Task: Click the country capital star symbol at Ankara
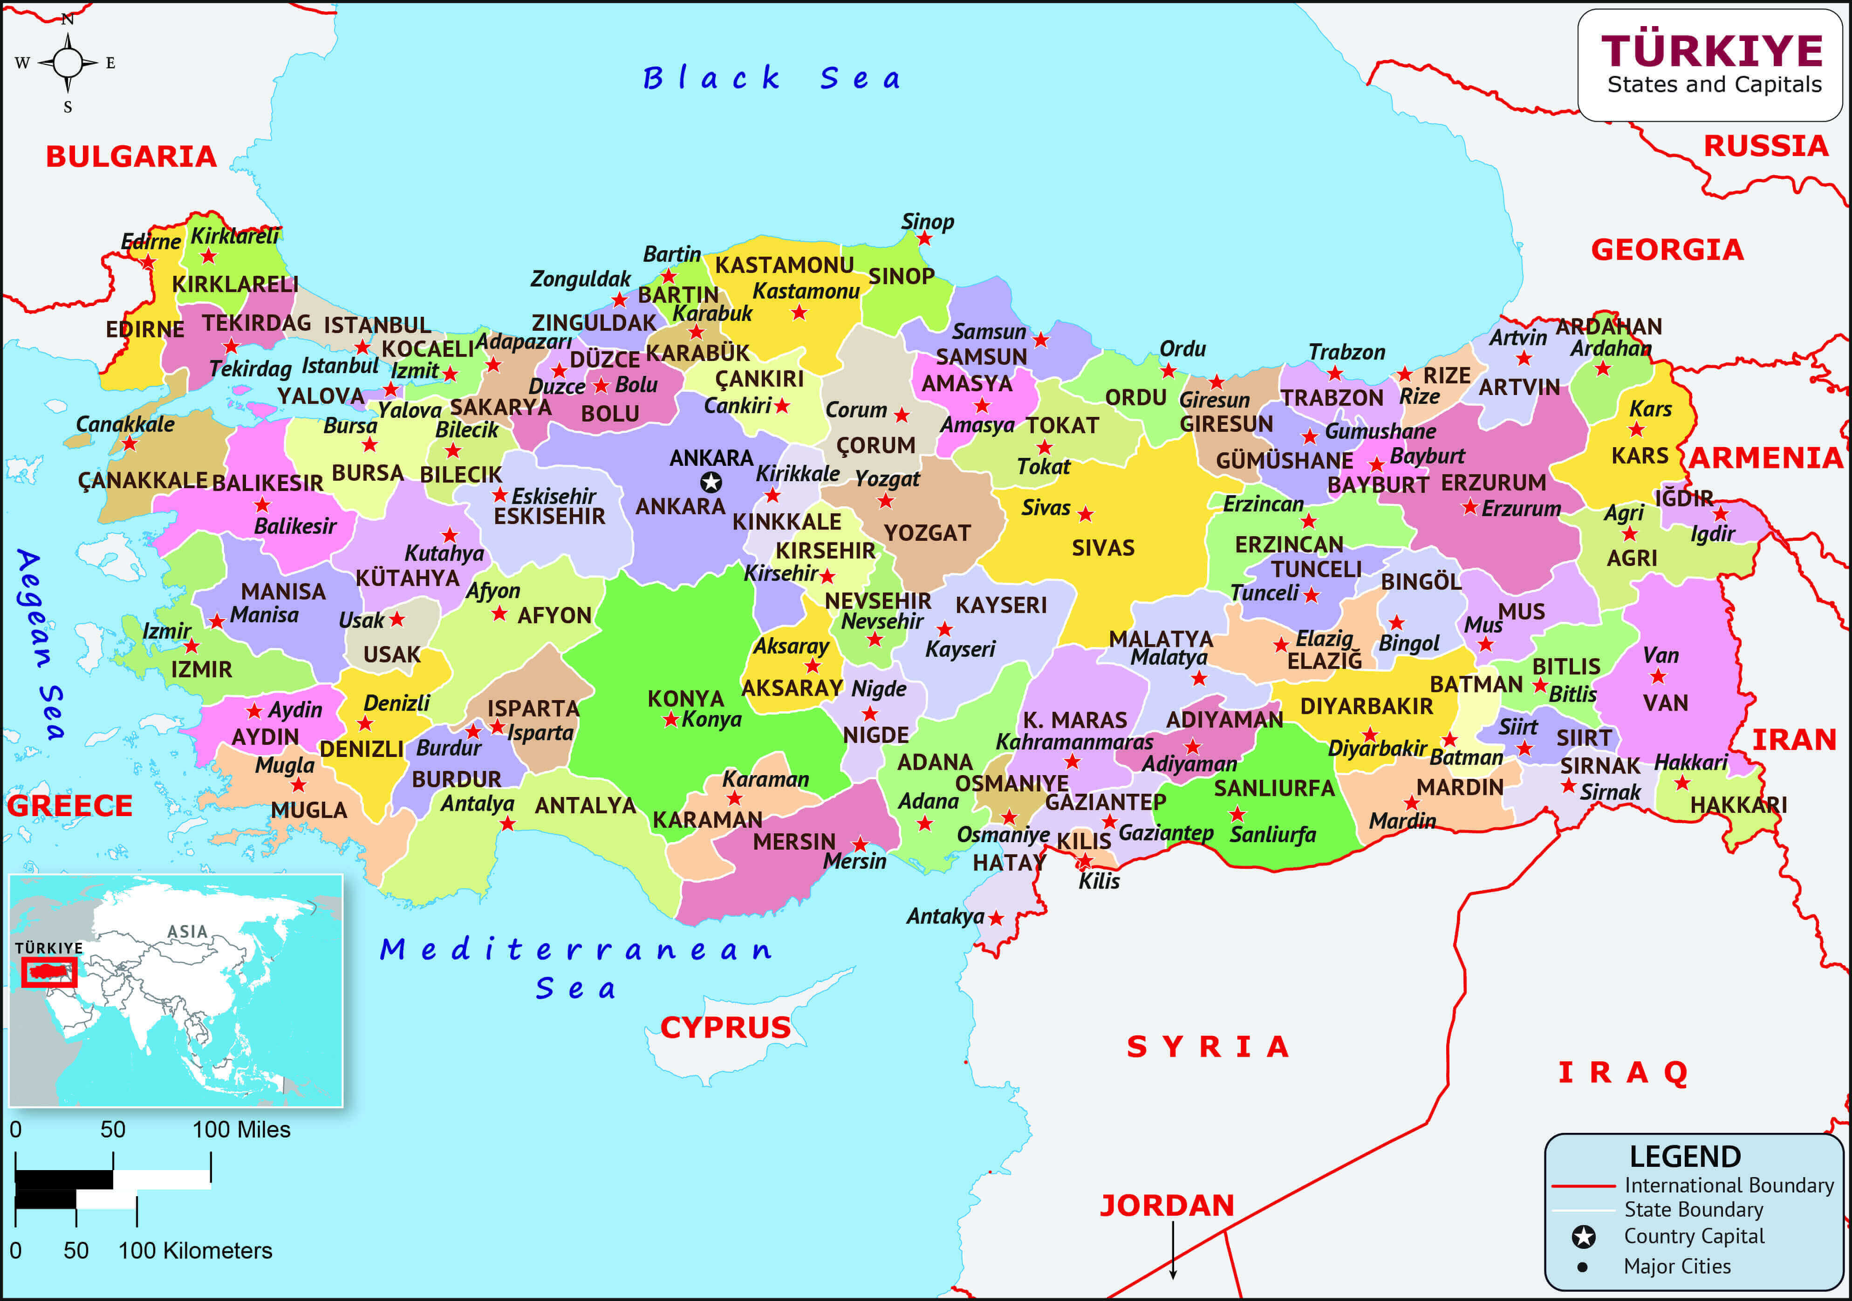click(x=711, y=482)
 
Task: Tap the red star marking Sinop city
click(x=924, y=239)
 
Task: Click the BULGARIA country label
click(x=130, y=157)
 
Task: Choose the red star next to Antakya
click(x=996, y=918)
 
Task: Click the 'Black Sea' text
click(x=772, y=78)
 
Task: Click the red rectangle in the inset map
click(x=48, y=972)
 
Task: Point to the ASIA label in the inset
click(x=187, y=932)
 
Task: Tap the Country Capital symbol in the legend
click(x=1583, y=1236)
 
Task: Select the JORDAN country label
click(x=1167, y=1205)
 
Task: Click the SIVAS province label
click(x=1103, y=548)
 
